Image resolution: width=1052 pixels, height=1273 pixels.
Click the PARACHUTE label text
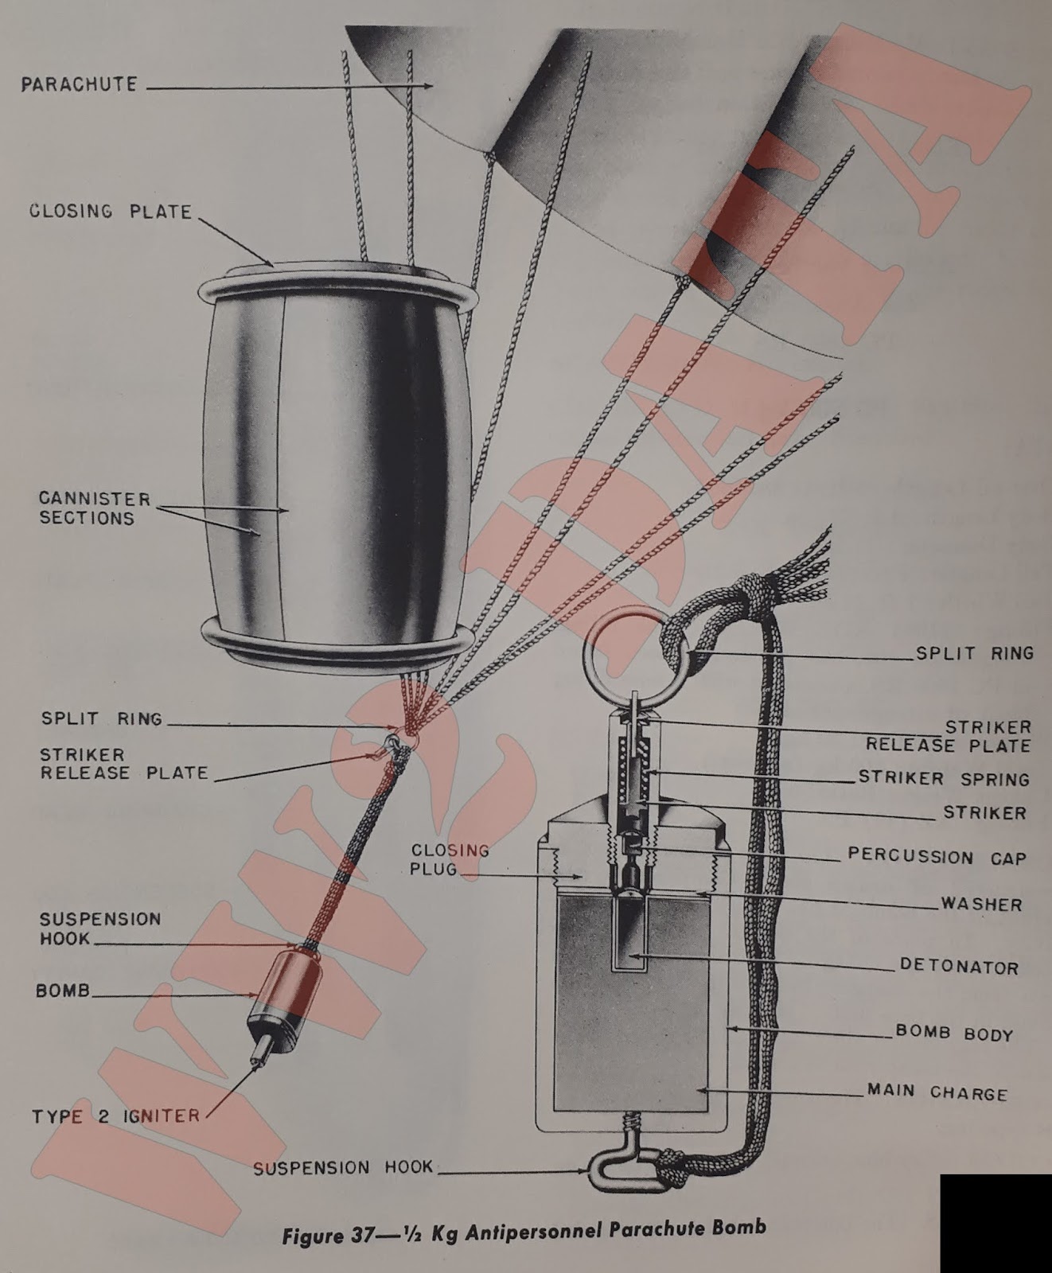pyautogui.click(x=79, y=84)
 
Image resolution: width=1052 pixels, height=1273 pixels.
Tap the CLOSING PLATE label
pyautogui.click(x=111, y=212)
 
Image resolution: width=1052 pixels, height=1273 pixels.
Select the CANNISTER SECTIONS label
pyautogui.click(x=95, y=508)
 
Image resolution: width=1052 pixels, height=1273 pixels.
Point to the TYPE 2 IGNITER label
pyautogui.click(x=116, y=1116)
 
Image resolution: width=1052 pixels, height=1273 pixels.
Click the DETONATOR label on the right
pyautogui.click(x=959, y=967)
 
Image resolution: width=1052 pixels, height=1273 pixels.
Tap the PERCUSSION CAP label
pyautogui.click(x=937, y=857)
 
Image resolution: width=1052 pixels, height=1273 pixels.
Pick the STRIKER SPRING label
pyautogui.click(x=944, y=779)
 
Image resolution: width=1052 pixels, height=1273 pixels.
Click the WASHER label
pyautogui.click(x=981, y=905)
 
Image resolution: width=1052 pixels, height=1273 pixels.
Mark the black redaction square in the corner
pyautogui.click(x=996, y=1222)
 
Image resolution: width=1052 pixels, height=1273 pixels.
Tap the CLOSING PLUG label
pyautogui.click(x=438, y=859)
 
